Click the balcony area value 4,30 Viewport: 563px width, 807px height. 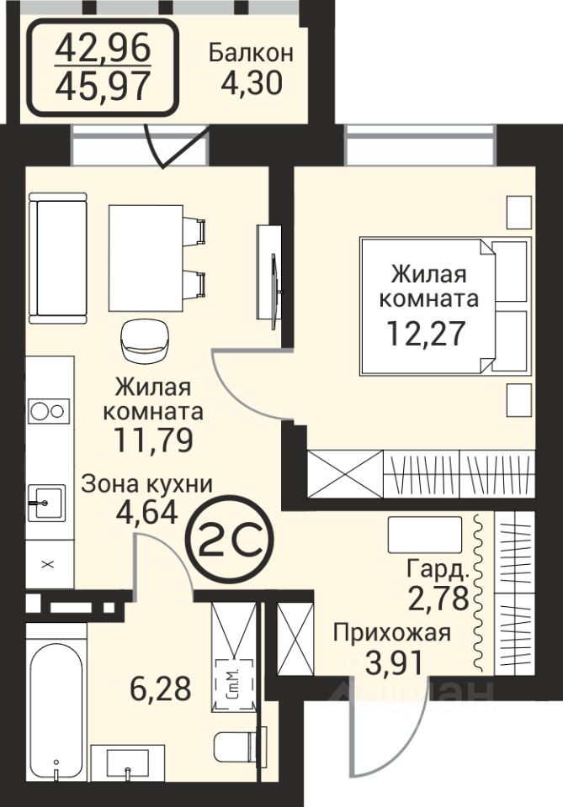point(252,83)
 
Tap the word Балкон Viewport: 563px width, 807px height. point(251,52)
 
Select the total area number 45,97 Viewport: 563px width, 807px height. point(103,86)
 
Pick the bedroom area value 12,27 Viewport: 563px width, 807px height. point(426,333)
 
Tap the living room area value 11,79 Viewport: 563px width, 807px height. point(153,439)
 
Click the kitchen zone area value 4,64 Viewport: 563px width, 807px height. point(147,511)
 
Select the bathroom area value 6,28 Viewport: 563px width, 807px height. point(161,688)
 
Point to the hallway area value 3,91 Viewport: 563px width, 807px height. point(394,662)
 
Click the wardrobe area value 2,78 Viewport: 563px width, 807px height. point(438,598)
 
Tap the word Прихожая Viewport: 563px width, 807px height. point(392,632)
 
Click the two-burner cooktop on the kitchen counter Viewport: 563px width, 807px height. point(49,411)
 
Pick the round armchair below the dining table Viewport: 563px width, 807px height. point(146,342)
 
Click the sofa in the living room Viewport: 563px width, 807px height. point(58,258)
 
